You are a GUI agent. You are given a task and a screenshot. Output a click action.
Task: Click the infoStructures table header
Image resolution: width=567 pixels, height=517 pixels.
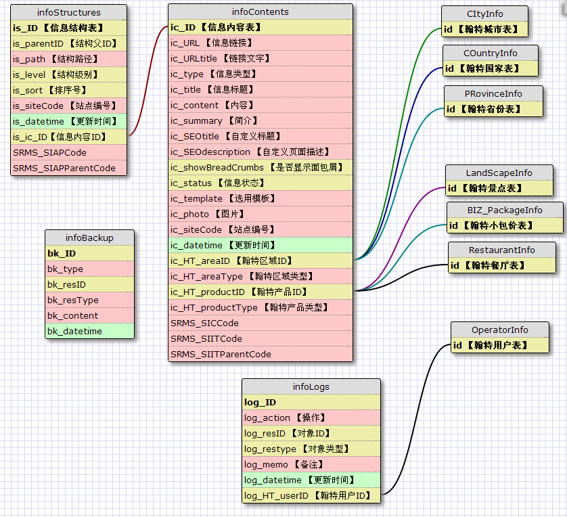(68, 12)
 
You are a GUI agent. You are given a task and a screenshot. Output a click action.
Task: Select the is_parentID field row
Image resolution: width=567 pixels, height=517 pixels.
(68, 43)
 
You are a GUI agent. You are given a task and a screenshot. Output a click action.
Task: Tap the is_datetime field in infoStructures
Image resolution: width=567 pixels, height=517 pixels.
(68, 121)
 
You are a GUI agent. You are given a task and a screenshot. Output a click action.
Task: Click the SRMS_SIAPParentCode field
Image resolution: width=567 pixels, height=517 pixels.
(68, 168)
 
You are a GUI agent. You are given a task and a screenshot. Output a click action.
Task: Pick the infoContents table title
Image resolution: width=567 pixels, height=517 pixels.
(260, 12)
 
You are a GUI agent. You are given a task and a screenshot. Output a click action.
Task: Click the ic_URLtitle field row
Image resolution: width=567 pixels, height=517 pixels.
(260, 59)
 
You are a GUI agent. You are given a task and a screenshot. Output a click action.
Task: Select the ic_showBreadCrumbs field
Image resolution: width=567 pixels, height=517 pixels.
(260, 167)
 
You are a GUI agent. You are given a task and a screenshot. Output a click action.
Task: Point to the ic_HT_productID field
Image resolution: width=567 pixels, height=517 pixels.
(260, 292)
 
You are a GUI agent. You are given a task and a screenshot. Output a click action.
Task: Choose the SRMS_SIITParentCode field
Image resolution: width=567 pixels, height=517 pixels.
(260, 354)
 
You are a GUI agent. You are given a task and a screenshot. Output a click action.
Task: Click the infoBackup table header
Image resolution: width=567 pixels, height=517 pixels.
(89, 238)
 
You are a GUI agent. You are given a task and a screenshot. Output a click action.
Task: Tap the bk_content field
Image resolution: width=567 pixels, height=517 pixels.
(89, 315)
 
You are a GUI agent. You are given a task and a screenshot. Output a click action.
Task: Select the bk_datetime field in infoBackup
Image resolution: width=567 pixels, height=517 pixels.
(89, 331)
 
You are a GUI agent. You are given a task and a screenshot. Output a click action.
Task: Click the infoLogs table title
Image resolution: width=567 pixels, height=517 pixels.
(311, 386)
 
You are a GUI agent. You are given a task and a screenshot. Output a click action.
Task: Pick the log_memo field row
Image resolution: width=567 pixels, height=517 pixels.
(311, 464)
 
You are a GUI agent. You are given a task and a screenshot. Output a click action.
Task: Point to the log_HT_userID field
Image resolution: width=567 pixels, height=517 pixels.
(311, 495)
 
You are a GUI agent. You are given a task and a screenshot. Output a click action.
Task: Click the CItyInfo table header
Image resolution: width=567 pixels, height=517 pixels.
(484, 14)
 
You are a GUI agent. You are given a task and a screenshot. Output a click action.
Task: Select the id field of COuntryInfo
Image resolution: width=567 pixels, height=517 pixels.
(491, 68)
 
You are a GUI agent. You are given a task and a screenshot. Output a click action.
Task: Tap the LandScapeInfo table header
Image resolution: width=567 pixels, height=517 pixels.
(499, 173)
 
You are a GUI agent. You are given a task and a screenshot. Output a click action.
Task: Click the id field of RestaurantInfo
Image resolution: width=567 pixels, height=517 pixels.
(501, 265)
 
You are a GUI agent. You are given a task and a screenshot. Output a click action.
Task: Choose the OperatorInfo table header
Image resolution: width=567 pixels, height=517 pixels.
(499, 330)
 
